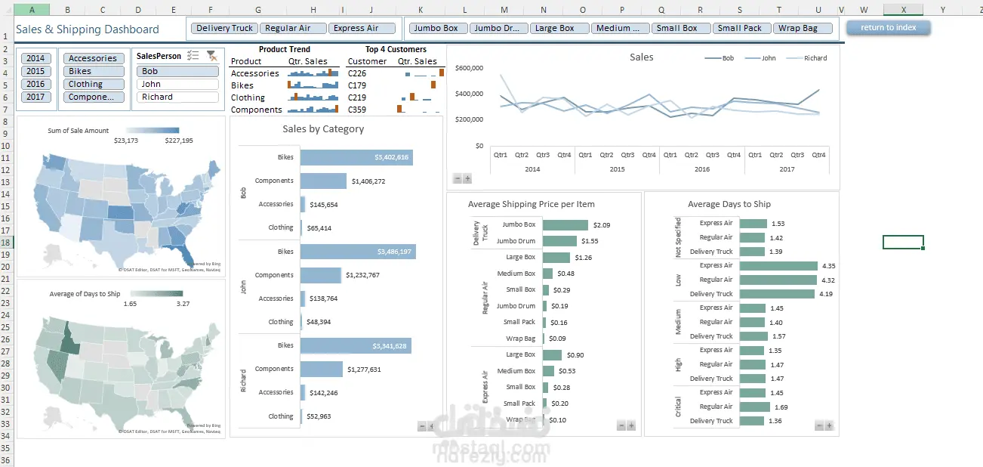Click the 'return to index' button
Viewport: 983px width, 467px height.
tap(888, 28)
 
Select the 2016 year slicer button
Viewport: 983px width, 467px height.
tap(36, 84)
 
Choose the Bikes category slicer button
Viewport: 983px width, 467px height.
tap(94, 71)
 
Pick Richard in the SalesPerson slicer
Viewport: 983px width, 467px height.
tap(177, 97)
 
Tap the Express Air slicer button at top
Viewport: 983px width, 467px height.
tap(362, 28)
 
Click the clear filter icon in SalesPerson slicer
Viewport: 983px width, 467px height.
tap(211, 56)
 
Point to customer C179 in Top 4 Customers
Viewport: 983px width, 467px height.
tap(357, 85)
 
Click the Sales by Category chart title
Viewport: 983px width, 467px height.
tap(323, 129)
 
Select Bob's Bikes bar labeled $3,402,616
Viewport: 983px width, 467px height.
tap(356, 157)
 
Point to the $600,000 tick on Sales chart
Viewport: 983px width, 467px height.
tap(470, 68)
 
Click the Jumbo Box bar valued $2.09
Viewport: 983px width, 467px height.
tap(565, 225)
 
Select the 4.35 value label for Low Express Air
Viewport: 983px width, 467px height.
tap(828, 266)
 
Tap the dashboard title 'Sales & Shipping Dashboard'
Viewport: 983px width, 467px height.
tap(88, 29)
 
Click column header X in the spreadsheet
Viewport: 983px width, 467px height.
tap(903, 9)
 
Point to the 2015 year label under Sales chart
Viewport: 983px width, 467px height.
tap(617, 169)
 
